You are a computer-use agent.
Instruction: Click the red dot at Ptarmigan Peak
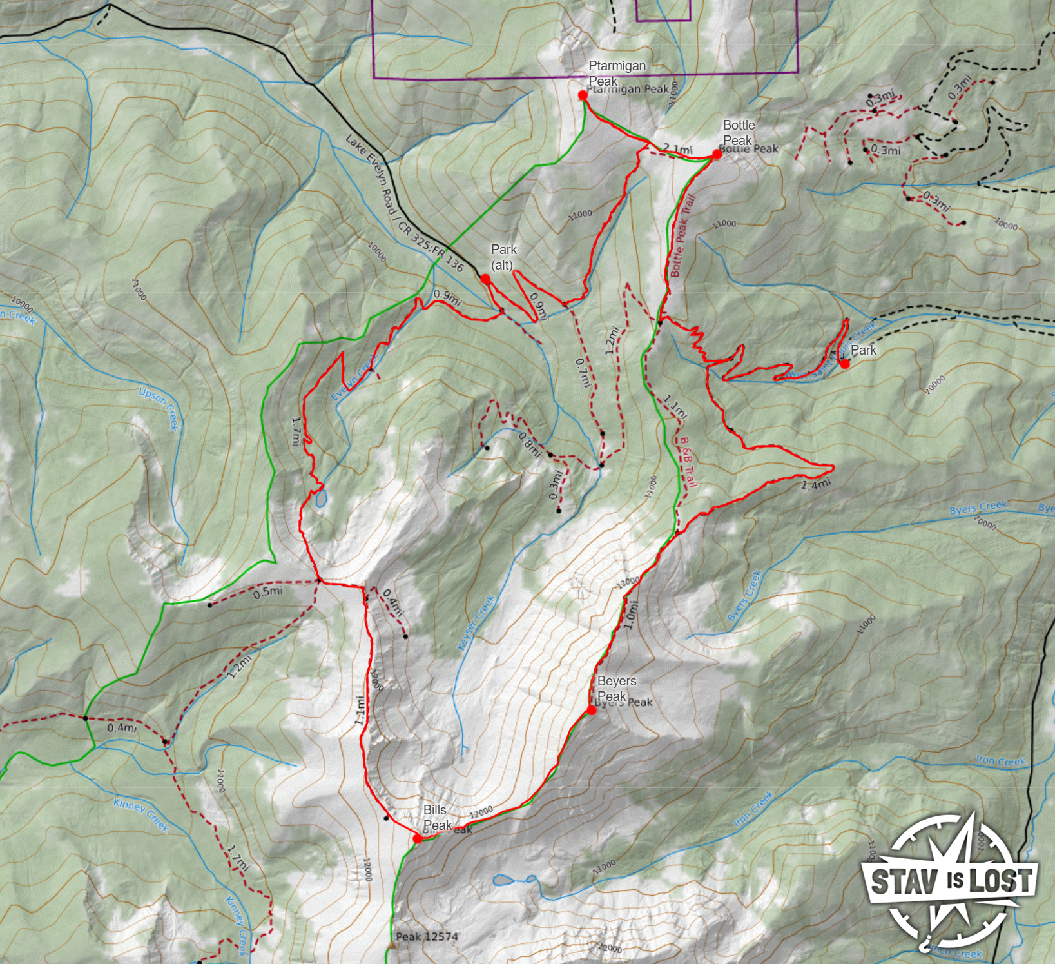click(583, 95)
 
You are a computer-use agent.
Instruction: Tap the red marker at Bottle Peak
click(717, 154)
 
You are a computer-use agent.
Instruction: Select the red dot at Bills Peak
click(418, 838)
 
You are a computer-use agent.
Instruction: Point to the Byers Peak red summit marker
click(592, 710)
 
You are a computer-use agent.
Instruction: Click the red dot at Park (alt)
click(485, 279)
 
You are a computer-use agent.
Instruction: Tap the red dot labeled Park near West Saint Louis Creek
click(844, 364)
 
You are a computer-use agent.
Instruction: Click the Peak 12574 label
click(427, 936)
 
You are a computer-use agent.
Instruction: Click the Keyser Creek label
click(477, 622)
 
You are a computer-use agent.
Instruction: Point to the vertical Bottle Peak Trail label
click(682, 235)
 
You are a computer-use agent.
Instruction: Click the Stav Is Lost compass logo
click(951, 880)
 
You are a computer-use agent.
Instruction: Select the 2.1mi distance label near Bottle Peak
click(678, 150)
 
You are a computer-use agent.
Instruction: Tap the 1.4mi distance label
click(815, 484)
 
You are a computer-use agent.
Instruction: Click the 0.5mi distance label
click(267, 591)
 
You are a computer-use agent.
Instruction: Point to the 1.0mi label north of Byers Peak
click(631, 615)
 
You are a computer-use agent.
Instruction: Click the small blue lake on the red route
click(320, 498)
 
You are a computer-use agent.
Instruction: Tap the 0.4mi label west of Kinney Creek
click(122, 728)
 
